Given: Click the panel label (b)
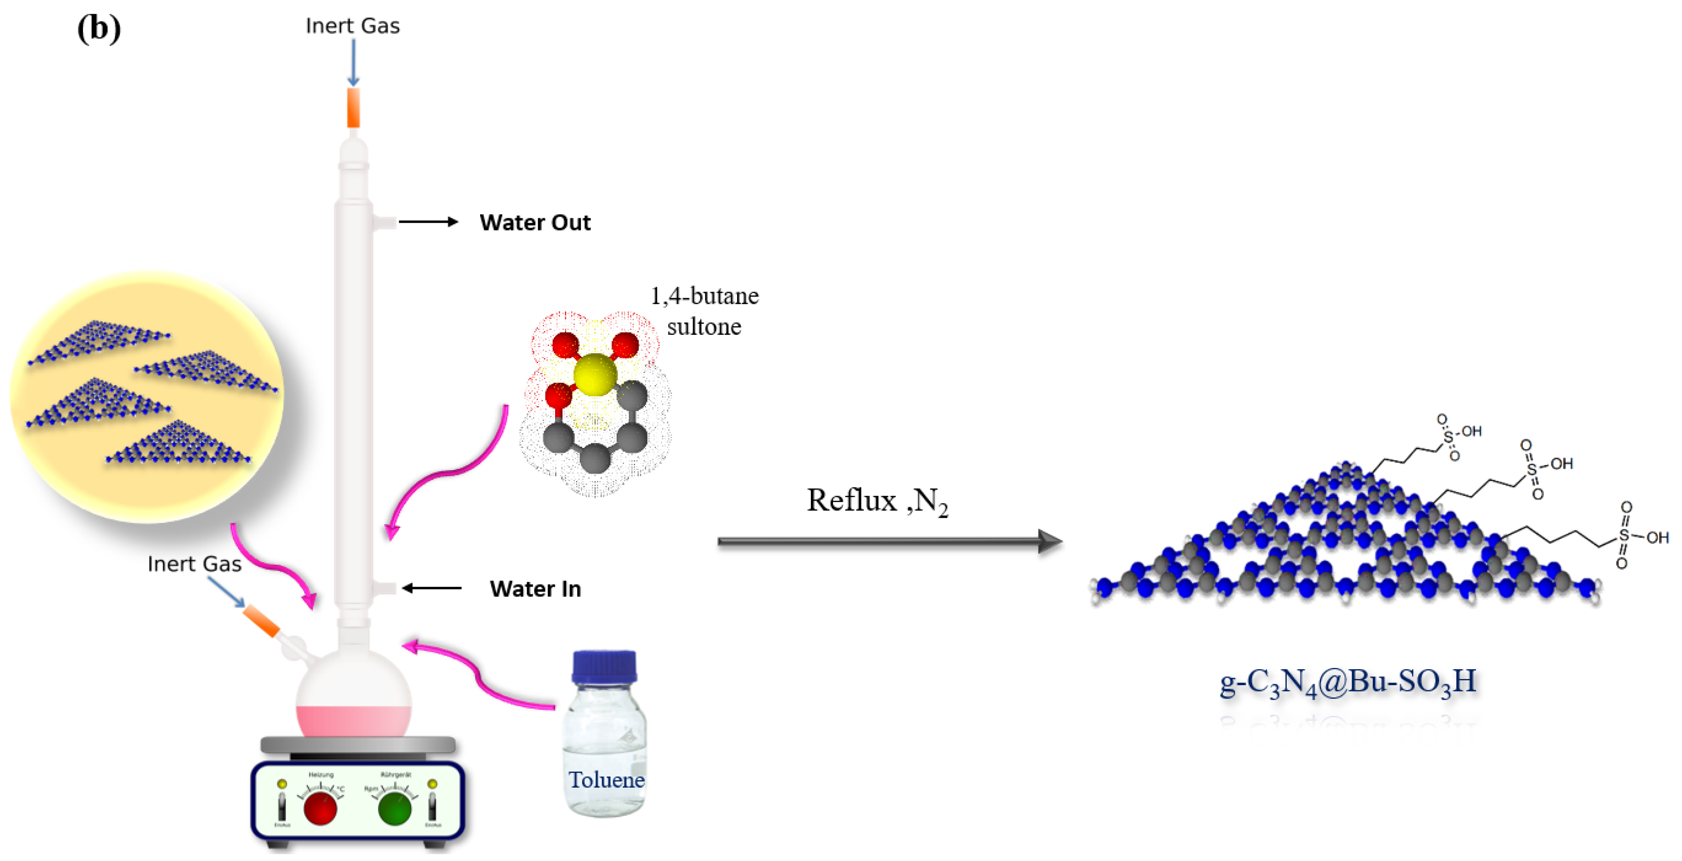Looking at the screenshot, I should (99, 29).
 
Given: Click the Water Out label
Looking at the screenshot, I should (535, 222).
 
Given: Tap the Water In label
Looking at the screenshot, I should (535, 589).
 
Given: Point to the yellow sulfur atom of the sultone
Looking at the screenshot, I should (595, 375).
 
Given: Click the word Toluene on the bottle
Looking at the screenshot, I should (606, 779).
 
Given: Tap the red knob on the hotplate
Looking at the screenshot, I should (321, 809).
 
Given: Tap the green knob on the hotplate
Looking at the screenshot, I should (395, 809).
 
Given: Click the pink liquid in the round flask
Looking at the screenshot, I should (353, 721).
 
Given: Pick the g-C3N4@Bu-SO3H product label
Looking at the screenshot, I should (1348, 682).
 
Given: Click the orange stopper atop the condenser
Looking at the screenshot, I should (353, 108).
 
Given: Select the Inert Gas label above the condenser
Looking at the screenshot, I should (352, 26).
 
